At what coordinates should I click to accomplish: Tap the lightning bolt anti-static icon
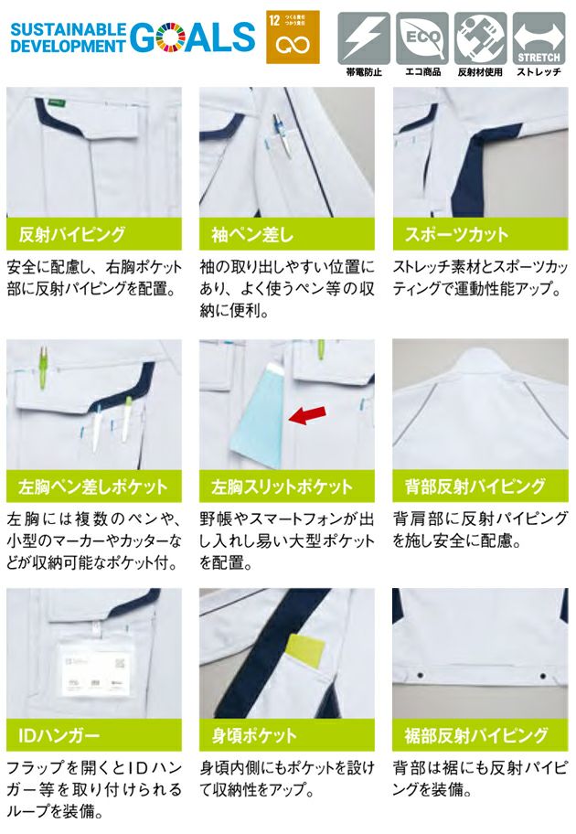tap(364, 37)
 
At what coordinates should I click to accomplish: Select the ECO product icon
tap(421, 37)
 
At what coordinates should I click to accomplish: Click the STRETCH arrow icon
tap(539, 37)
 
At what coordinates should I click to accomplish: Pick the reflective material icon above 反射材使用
tap(480, 37)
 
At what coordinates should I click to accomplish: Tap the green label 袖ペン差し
tap(286, 235)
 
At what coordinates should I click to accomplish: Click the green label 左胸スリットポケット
tap(286, 486)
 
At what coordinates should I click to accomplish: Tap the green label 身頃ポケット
tap(286, 734)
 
